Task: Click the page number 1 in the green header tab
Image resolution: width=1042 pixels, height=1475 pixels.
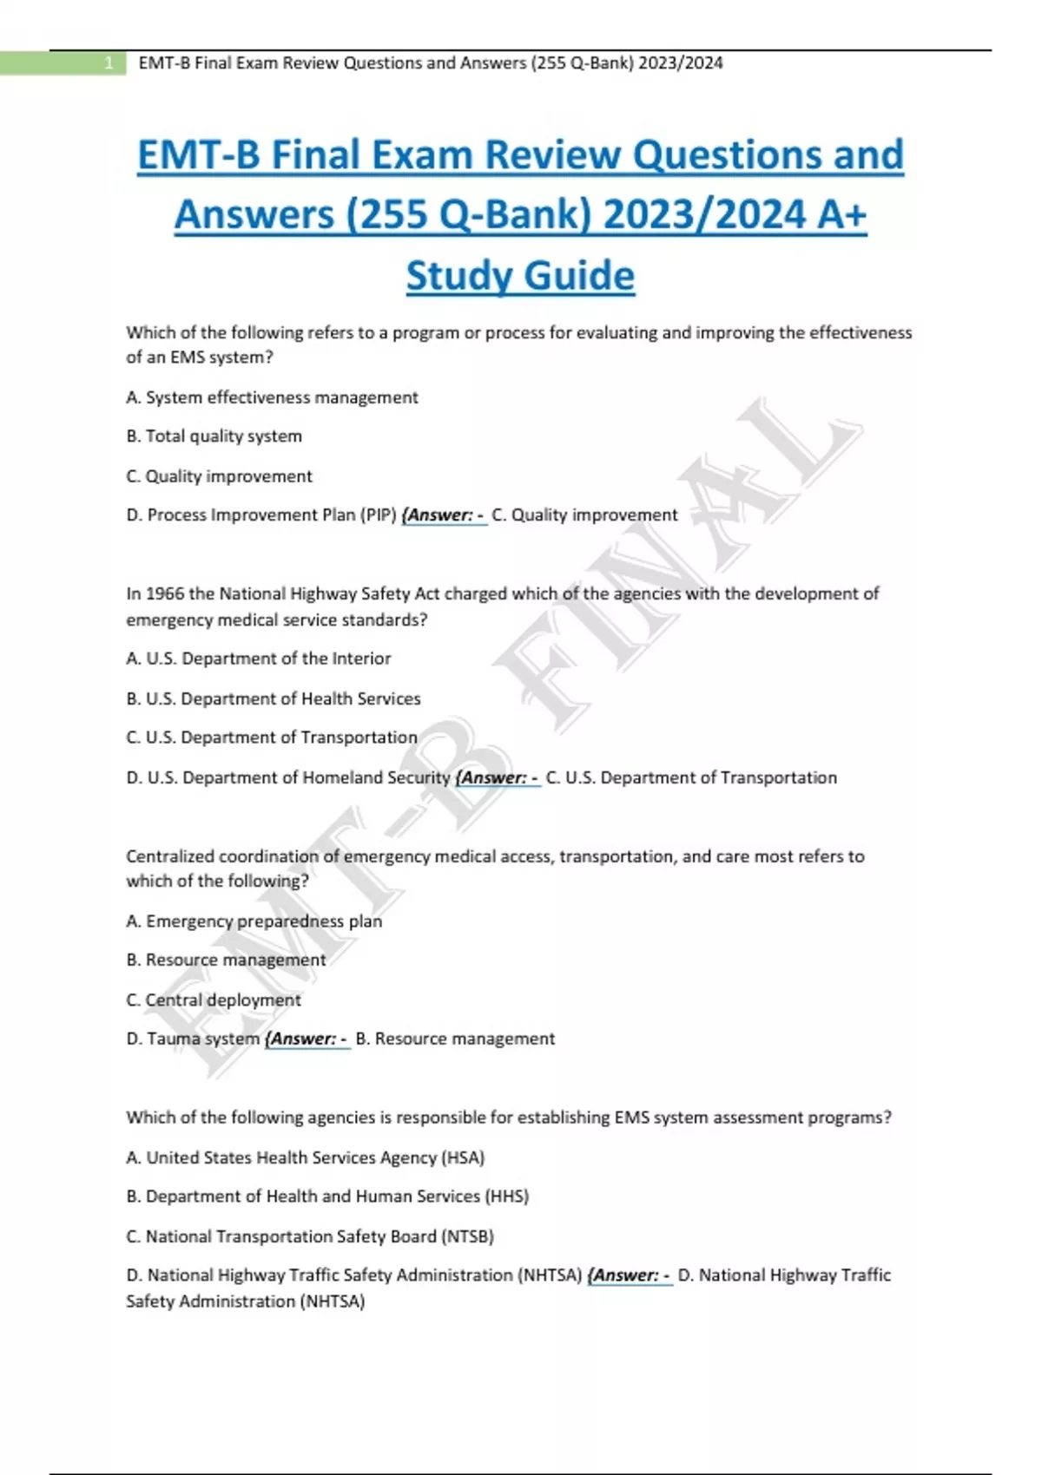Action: coord(109,63)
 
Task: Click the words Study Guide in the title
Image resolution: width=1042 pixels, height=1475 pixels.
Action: coord(520,276)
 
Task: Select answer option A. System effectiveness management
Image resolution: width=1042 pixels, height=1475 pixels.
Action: coord(272,397)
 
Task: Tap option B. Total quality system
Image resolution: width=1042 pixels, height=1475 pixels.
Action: coord(214,436)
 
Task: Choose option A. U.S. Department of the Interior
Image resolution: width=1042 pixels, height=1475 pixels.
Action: coord(258,659)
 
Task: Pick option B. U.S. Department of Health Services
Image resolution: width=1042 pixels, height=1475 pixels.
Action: coord(273,698)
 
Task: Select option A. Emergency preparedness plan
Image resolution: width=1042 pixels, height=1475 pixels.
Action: coord(254,921)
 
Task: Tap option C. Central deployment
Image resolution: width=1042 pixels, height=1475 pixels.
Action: coord(214,1000)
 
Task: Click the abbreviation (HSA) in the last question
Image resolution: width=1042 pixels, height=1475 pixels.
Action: coord(463,1157)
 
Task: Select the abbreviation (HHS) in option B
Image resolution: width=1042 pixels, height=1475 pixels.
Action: coord(507,1196)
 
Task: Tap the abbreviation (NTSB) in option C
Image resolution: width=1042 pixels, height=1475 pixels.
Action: coord(467,1236)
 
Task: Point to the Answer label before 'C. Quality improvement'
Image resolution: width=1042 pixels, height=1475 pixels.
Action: coord(445,515)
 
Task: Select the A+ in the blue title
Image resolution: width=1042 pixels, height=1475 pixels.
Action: coord(841,215)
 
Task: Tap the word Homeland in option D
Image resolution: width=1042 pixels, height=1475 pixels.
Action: coord(342,777)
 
